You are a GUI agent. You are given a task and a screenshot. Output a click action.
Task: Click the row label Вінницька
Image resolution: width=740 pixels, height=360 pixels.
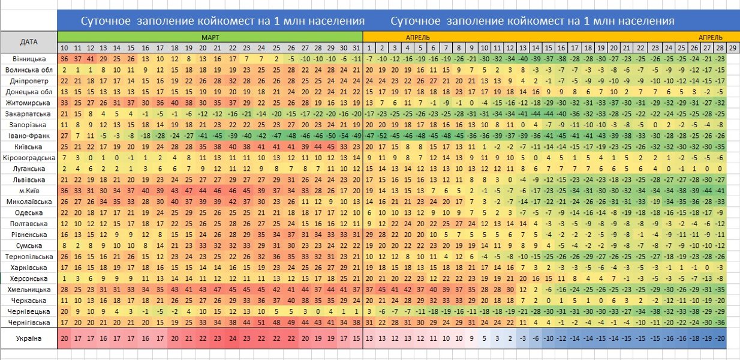[x=29, y=59]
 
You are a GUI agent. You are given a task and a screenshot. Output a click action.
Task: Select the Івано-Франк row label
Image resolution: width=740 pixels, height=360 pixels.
[x=29, y=136]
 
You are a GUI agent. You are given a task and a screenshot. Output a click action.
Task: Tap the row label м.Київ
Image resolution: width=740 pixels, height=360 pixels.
[x=29, y=190]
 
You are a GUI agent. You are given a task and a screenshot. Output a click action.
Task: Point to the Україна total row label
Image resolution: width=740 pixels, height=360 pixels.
[x=29, y=339]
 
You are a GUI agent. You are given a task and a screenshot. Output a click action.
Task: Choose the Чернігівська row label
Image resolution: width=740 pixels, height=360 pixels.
[x=29, y=322]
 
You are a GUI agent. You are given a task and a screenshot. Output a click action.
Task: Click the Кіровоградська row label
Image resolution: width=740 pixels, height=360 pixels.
[x=29, y=158]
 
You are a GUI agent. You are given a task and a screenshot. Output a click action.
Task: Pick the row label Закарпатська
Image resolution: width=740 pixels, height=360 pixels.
[x=29, y=113]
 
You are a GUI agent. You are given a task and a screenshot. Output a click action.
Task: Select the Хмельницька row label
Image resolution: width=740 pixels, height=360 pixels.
[x=29, y=289]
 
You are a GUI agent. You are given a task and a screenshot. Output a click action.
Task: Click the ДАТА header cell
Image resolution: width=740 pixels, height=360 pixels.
[x=29, y=42]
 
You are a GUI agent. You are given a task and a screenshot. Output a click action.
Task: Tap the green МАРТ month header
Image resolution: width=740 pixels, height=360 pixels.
[x=210, y=37]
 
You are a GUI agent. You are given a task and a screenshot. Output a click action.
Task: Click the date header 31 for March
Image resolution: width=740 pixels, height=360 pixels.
[x=357, y=47]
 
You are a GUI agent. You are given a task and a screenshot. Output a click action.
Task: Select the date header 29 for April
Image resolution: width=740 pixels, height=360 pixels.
[x=733, y=47]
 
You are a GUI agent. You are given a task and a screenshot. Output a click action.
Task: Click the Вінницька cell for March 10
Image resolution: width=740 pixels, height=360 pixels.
[x=64, y=59]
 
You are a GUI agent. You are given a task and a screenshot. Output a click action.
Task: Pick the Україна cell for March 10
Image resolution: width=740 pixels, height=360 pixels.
[x=64, y=339]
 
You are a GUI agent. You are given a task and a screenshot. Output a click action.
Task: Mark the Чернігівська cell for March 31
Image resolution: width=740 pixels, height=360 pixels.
[x=357, y=322]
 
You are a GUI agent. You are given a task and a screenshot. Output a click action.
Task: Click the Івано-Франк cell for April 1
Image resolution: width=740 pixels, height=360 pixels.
[x=369, y=136]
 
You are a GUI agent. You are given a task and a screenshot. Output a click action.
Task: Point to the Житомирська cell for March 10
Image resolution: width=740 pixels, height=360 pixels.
[x=64, y=103]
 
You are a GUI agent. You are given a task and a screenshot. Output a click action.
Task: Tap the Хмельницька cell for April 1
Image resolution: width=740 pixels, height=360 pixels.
[x=369, y=289]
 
